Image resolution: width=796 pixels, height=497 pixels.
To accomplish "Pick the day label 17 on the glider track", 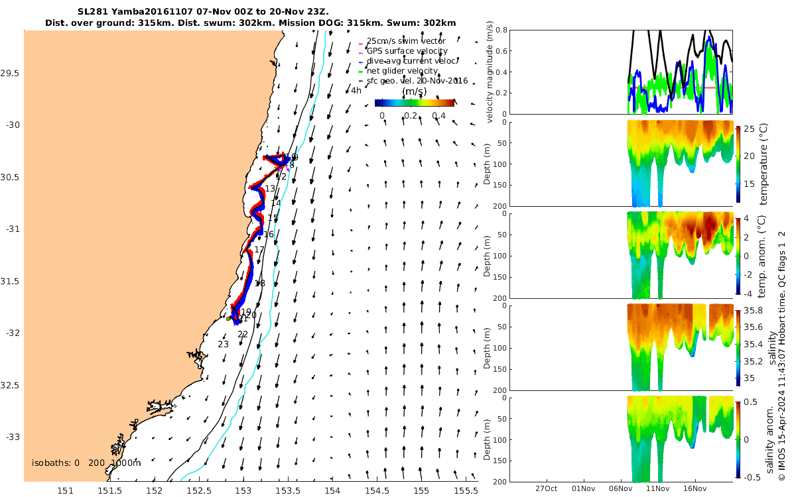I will (x=259, y=250).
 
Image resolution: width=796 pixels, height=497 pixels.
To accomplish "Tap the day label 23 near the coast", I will (x=223, y=345).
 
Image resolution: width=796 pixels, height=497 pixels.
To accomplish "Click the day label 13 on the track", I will (x=270, y=189).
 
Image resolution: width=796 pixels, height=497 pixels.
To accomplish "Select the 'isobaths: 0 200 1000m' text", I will (x=86, y=463).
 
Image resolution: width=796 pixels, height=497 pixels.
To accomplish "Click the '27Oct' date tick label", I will (x=549, y=489).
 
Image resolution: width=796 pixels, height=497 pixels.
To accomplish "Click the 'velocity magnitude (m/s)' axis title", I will (x=491, y=72).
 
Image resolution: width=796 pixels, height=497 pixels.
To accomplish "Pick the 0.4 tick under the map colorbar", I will (x=438, y=116).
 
